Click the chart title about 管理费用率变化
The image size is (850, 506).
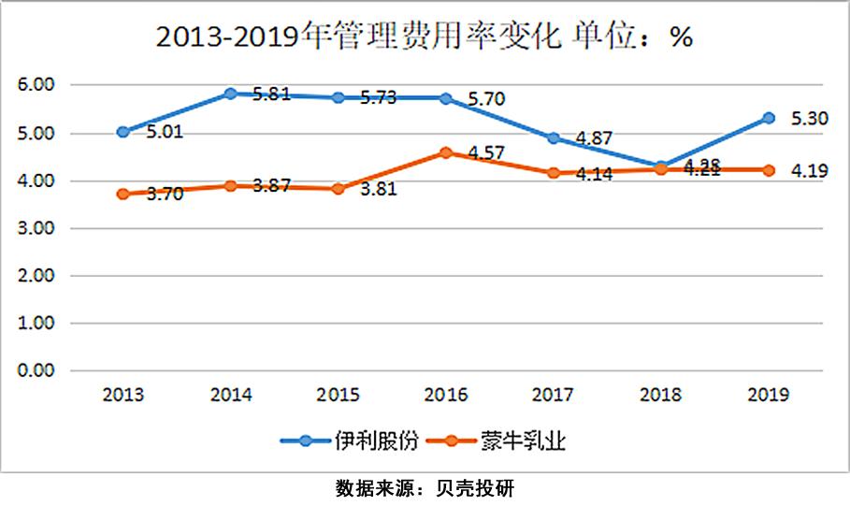(x=424, y=36)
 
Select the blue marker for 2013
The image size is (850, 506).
(x=122, y=132)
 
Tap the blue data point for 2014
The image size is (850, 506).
(x=230, y=94)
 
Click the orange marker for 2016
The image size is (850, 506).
(x=446, y=152)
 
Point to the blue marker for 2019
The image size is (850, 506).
(x=769, y=118)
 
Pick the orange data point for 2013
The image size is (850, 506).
(x=122, y=194)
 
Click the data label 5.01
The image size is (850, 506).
(x=164, y=132)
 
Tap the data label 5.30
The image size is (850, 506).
(x=810, y=118)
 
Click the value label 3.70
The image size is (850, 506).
(x=164, y=195)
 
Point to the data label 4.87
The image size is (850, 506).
(x=594, y=138)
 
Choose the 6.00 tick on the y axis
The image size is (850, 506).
(x=37, y=85)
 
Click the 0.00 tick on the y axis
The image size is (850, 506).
(x=37, y=370)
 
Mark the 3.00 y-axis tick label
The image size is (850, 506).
(x=37, y=228)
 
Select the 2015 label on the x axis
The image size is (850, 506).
(x=339, y=395)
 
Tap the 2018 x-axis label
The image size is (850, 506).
(x=661, y=395)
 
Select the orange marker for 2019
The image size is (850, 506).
(x=769, y=170)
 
